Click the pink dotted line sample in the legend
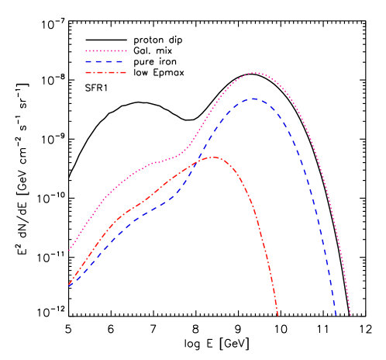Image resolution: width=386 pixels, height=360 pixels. (x=105, y=51)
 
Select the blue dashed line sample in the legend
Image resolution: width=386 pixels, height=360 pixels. (x=105, y=61)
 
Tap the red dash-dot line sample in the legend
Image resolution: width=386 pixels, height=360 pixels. (x=105, y=72)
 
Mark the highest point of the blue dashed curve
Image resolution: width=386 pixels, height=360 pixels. (x=253, y=99)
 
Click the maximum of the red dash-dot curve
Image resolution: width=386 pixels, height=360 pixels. (x=213, y=157)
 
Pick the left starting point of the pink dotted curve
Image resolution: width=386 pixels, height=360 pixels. (x=69, y=250)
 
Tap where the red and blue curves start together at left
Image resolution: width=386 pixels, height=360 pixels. (x=68, y=286)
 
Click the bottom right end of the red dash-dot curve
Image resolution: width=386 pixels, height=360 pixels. (x=277, y=315)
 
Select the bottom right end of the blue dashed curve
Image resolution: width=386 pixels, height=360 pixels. (x=336, y=315)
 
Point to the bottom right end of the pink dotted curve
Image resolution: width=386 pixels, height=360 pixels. (x=350, y=315)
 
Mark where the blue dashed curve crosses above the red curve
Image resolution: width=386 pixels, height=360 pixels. (x=194, y=164)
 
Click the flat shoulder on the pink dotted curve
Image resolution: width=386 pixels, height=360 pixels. (x=159, y=162)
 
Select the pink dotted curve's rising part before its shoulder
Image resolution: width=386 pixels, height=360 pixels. (x=109, y=194)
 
